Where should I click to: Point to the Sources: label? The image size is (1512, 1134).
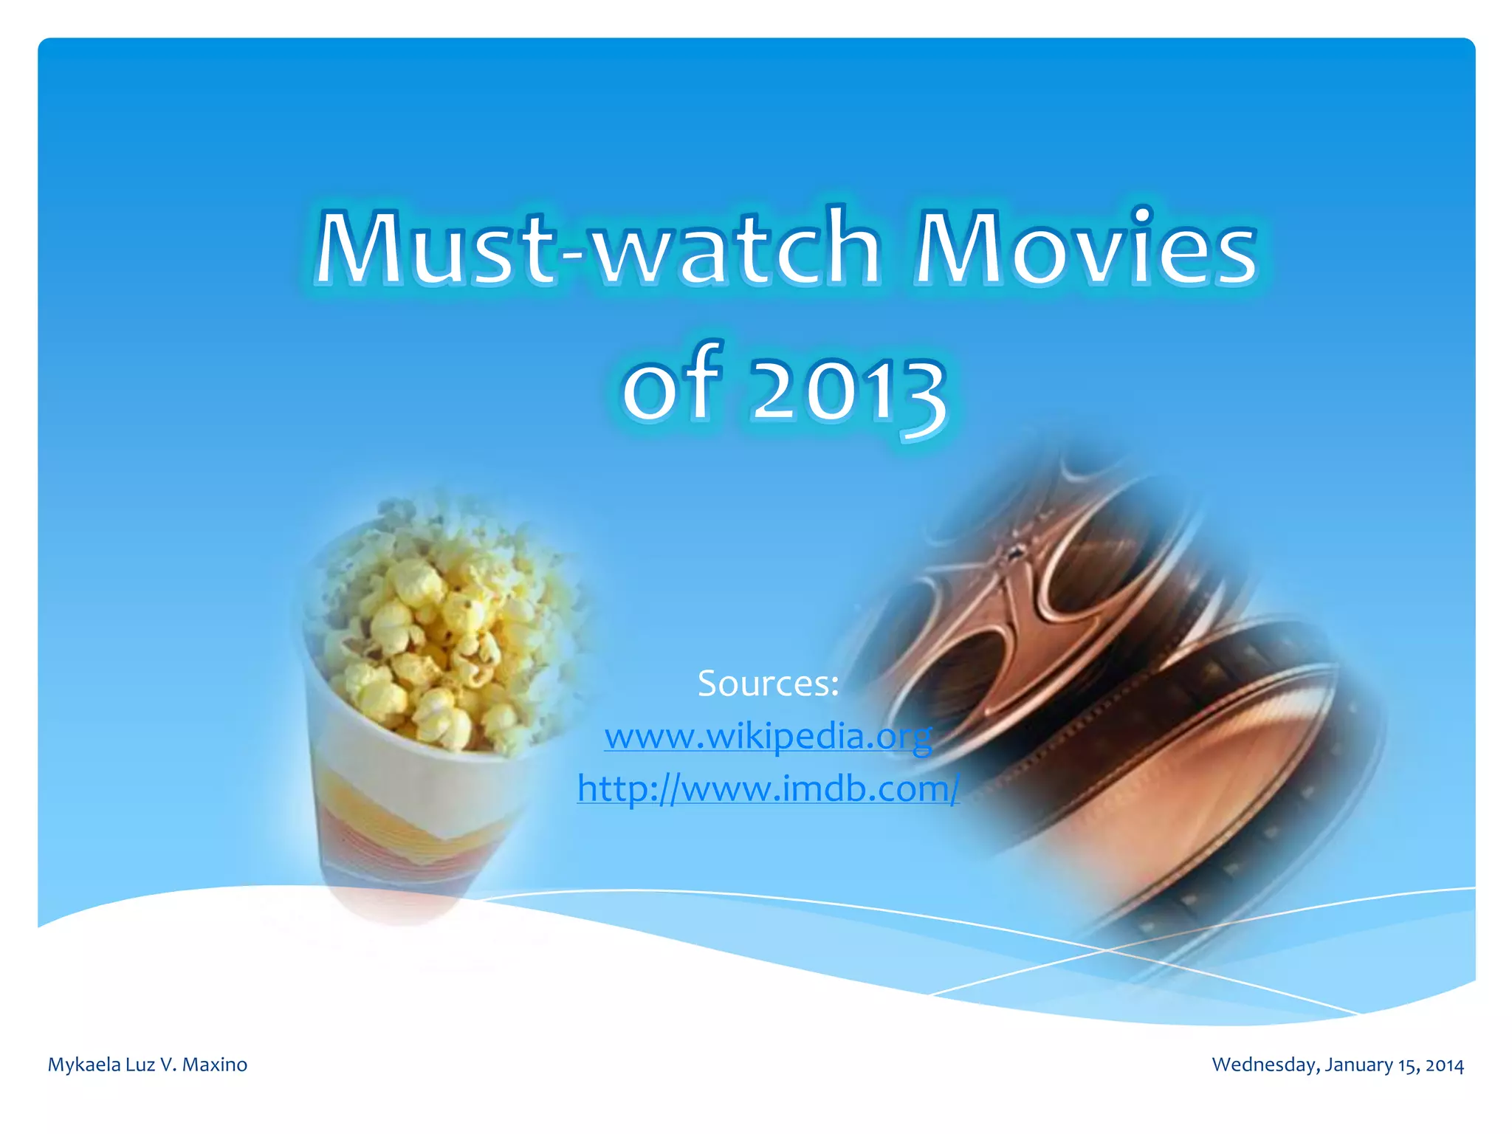coord(768,683)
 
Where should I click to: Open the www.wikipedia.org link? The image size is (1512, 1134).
coord(768,736)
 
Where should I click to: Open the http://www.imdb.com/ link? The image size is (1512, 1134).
coord(768,788)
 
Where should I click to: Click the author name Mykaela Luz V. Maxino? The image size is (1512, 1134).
coord(148,1065)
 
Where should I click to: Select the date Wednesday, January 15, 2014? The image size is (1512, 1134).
coord(1337,1065)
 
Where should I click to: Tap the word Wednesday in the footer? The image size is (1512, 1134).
coord(1265,1065)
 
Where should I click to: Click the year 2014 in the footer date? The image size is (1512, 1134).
coord(1444,1065)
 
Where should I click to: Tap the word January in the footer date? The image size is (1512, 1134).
coord(1359,1065)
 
